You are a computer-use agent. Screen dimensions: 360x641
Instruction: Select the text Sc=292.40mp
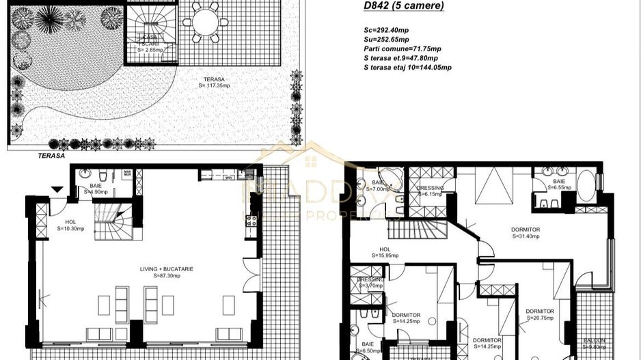[x=386, y=31]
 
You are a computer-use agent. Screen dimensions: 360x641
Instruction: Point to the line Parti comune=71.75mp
[x=403, y=49]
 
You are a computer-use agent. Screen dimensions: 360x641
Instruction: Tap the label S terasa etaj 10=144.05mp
[x=408, y=68]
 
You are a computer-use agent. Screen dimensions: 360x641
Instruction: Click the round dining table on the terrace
[x=204, y=23]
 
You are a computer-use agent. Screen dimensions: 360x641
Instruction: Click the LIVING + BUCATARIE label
[x=163, y=272]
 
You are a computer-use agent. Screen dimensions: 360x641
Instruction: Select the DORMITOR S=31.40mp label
[x=525, y=233]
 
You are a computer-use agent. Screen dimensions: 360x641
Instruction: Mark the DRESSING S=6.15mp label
[x=430, y=191]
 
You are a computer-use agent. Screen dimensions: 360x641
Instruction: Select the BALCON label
[x=594, y=340]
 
